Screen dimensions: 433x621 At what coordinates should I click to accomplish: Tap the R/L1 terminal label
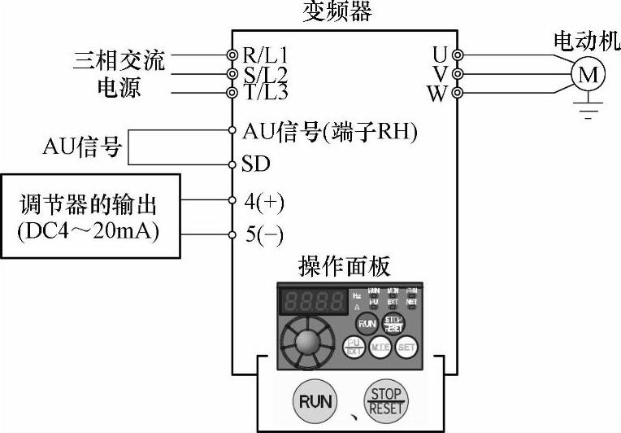click(265, 55)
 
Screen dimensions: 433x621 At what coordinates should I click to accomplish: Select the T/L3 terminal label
click(265, 92)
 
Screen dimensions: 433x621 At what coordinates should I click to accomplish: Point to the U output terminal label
click(440, 55)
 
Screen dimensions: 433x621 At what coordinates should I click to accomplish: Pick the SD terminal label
click(256, 164)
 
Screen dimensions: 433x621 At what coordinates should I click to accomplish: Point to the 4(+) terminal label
click(264, 200)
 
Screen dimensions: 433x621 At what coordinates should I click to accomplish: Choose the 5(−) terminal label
click(264, 236)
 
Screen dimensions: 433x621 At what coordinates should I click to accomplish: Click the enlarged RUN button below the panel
click(316, 401)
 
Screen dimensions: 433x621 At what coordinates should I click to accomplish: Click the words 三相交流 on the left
click(119, 59)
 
